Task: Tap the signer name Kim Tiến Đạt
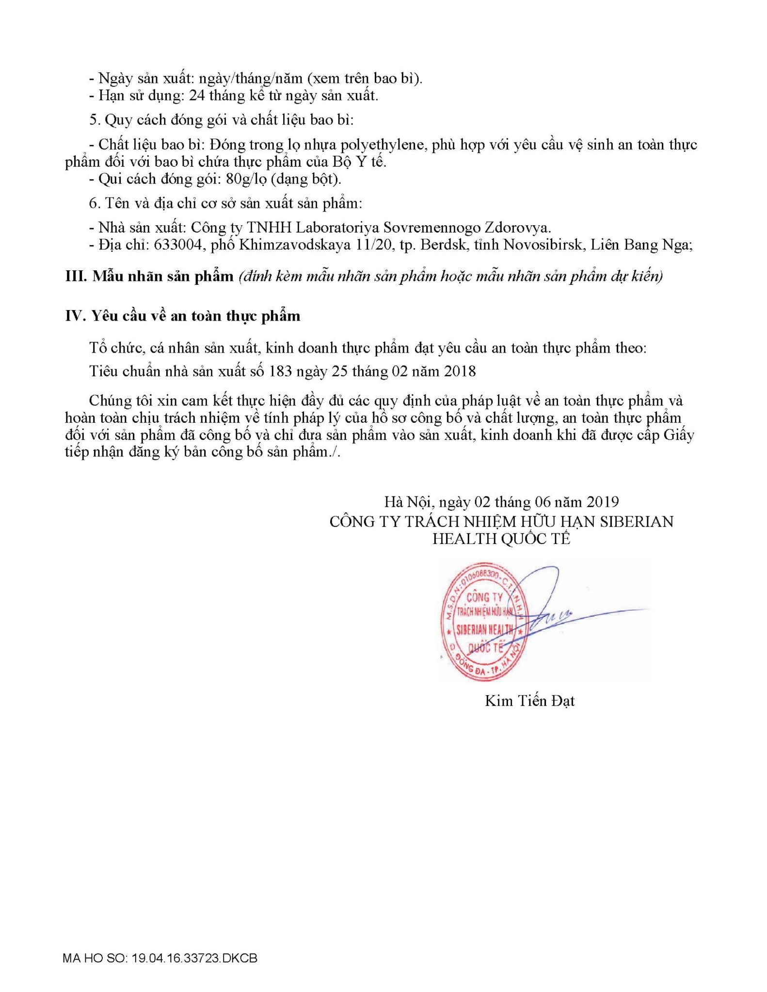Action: click(529, 701)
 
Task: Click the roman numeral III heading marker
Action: click(75, 277)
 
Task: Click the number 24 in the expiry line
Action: click(197, 95)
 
